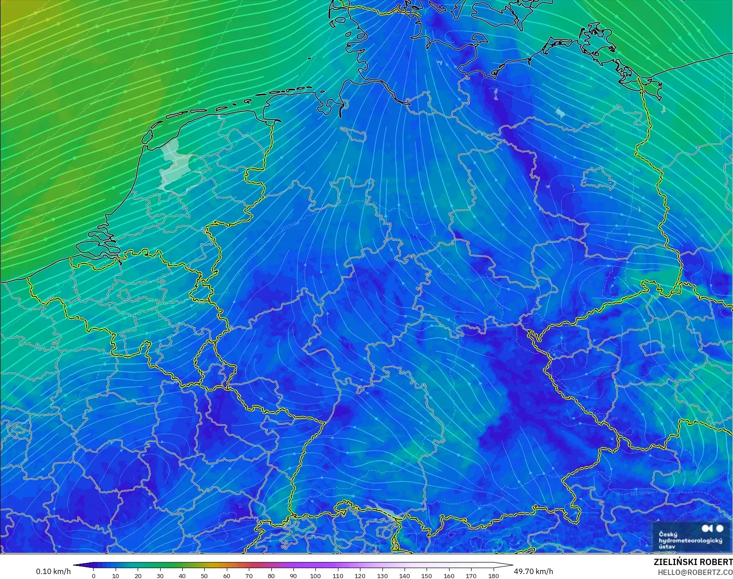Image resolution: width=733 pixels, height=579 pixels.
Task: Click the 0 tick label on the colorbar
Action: (94, 576)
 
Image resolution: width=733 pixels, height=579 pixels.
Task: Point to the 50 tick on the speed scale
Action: (205, 576)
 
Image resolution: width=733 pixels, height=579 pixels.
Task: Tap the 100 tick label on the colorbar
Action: (315, 576)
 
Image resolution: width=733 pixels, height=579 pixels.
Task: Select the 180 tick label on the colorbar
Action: (494, 576)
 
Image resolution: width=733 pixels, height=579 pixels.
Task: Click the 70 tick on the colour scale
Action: (249, 576)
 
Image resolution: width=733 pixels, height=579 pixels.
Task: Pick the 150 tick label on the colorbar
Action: (427, 576)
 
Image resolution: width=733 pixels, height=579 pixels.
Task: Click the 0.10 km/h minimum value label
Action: (53, 571)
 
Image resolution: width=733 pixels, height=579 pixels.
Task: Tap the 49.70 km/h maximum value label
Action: (533, 571)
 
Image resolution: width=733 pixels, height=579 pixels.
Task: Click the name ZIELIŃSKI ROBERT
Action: (693, 562)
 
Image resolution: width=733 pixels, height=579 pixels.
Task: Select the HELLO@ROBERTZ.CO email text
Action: (695, 573)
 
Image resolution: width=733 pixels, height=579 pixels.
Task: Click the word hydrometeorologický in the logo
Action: (690, 540)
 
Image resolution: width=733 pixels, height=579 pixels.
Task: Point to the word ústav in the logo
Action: (667, 547)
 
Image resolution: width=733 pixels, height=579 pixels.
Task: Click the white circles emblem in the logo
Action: (712, 529)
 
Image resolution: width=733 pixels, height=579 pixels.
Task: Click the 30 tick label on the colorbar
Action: (160, 576)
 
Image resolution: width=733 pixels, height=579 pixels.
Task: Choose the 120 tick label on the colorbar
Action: (360, 576)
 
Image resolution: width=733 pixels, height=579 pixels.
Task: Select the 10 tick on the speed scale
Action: (116, 576)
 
